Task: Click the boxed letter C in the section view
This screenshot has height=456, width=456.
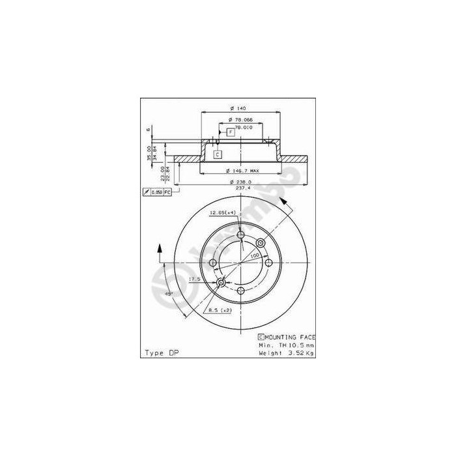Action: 218,154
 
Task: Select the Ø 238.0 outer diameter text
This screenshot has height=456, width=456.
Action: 240,182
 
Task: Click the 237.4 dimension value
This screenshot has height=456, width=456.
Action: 242,188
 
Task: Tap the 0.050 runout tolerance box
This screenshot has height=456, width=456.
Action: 158,192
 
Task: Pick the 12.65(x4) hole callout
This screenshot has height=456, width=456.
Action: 222,212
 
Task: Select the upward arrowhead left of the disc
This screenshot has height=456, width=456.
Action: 158,248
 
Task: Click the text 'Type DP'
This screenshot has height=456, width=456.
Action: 160,352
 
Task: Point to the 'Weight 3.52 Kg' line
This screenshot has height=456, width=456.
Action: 287,352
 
